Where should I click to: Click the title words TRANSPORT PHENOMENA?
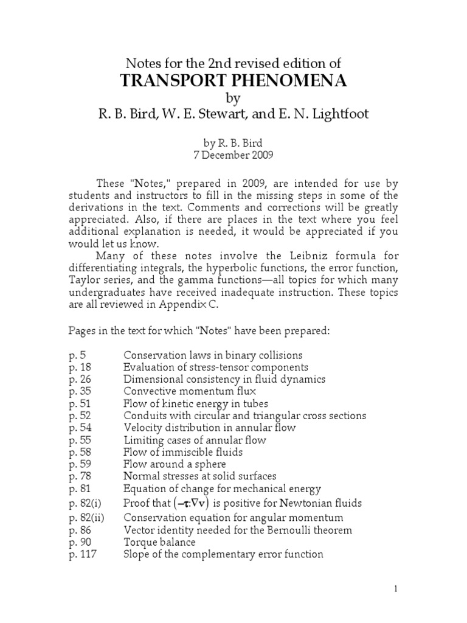coord(233,81)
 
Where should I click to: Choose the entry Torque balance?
coord(159,542)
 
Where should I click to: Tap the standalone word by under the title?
coord(233,98)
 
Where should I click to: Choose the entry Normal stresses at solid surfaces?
coord(199,476)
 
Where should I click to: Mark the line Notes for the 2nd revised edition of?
coord(233,64)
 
